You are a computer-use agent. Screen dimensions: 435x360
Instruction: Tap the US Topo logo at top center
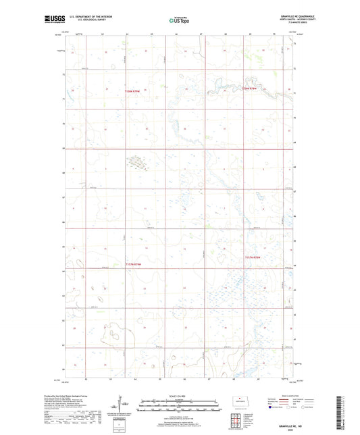point(180,21)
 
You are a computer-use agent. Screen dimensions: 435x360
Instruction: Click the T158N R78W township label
point(251,88)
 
